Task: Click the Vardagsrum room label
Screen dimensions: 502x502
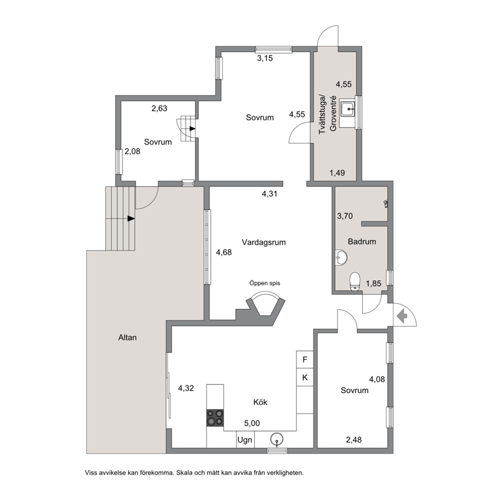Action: pyautogui.click(x=264, y=242)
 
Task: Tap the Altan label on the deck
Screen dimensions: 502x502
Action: pyautogui.click(x=128, y=338)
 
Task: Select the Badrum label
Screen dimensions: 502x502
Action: pyautogui.click(x=362, y=241)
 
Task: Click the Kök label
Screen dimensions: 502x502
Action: pyautogui.click(x=260, y=402)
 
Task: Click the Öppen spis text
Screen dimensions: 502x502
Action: pyautogui.click(x=265, y=283)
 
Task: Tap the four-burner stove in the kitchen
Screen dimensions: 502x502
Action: pyautogui.click(x=215, y=418)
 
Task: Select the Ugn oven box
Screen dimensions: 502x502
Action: pyautogui.click(x=244, y=440)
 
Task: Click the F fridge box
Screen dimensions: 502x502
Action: pyautogui.click(x=305, y=359)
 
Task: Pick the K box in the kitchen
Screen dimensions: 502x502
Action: pyautogui.click(x=305, y=378)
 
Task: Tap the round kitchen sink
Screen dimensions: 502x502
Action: pyautogui.click(x=277, y=439)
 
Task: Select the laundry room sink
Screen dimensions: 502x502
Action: pyautogui.click(x=347, y=109)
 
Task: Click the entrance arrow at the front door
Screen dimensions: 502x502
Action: pyautogui.click(x=402, y=316)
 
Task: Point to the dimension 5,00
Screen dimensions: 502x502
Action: pyautogui.click(x=252, y=423)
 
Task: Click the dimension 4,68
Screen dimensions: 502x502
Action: pyautogui.click(x=224, y=253)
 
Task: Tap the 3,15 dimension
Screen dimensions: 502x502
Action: pyautogui.click(x=265, y=58)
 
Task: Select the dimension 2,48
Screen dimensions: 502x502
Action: pyautogui.click(x=354, y=440)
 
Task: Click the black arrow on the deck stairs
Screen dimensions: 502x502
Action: pyautogui.click(x=131, y=218)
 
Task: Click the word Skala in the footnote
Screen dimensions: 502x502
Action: pyautogui.click(x=184, y=473)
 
